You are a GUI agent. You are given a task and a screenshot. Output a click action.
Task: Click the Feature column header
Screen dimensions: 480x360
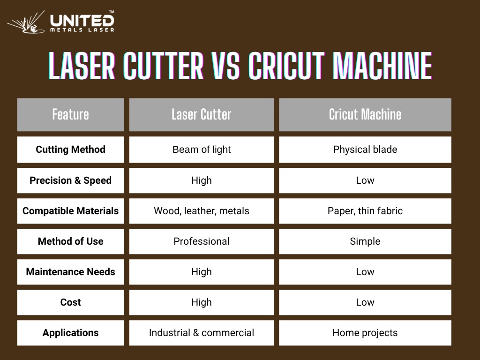point(71,115)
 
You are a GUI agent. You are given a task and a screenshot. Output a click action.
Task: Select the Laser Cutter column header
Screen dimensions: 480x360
point(202,115)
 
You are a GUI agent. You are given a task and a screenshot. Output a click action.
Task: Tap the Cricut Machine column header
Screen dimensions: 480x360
point(365,115)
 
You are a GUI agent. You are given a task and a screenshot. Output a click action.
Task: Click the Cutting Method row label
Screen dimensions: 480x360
point(71,150)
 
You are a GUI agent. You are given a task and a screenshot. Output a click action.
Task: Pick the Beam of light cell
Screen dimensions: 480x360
point(202,150)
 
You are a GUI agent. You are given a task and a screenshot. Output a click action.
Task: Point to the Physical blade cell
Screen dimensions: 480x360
point(365,150)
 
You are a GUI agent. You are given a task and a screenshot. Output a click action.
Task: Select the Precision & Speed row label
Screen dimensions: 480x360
point(71,180)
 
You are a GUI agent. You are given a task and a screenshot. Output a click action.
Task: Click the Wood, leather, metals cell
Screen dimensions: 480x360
point(202,211)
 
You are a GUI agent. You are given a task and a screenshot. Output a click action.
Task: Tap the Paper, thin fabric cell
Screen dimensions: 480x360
point(365,211)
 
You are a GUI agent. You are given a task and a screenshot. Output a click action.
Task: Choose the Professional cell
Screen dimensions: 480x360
point(202,241)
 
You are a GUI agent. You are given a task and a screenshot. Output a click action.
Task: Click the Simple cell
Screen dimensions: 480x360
point(365,241)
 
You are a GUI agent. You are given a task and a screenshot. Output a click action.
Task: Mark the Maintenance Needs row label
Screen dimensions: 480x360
point(71,272)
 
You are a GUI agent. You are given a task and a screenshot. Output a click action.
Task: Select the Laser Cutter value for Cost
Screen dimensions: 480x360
point(202,302)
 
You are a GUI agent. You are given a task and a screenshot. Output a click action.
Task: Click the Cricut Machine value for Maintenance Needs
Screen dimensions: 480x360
point(365,272)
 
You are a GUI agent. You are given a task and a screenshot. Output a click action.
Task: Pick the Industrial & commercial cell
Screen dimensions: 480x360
point(202,333)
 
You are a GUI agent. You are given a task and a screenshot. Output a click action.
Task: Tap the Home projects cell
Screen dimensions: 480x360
point(365,333)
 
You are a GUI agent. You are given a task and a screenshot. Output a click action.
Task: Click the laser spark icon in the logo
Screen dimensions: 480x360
point(26,22)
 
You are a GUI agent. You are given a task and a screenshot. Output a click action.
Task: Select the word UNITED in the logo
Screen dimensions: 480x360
point(82,21)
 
